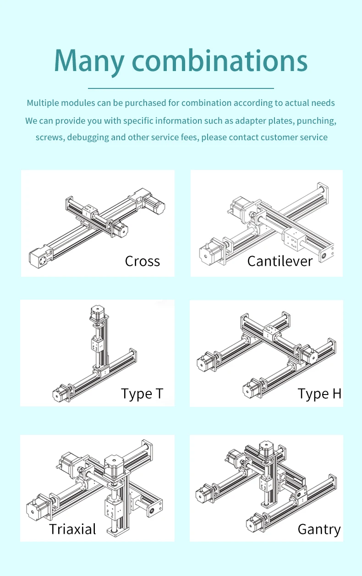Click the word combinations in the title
point(219,60)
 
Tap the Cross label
point(142,261)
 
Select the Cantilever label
point(280,261)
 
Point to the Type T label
point(142,394)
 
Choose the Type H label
point(319,394)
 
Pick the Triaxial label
point(72,529)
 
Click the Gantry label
point(319,529)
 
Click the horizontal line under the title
point(181,88)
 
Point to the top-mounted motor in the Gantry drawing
point(266,450)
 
